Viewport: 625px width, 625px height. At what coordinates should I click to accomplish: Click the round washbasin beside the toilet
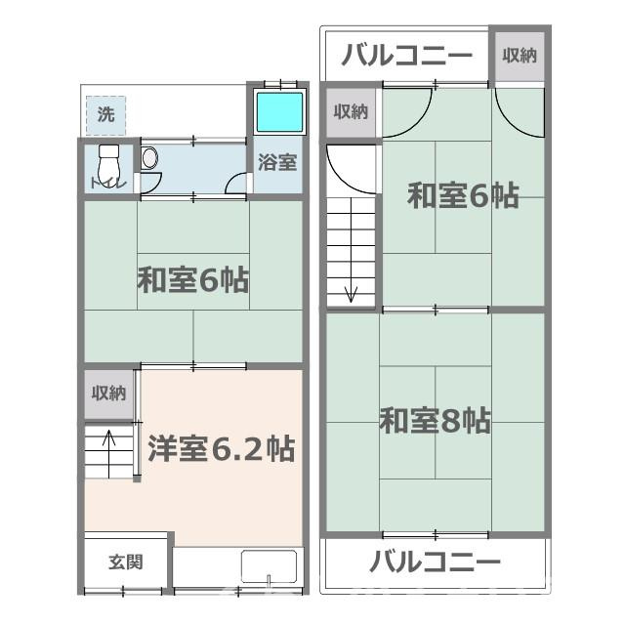(x=148, y=157)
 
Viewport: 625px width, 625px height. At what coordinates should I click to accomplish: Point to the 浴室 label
(x=277, y=162)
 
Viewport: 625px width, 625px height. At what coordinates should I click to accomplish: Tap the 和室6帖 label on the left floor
(x=192, y=281)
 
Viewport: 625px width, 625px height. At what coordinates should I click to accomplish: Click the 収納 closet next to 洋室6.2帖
(x=108, y=394)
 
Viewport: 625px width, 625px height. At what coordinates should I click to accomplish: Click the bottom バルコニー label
(x=435, y=562)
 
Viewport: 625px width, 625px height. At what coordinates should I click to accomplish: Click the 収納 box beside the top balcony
(x=519, y=56)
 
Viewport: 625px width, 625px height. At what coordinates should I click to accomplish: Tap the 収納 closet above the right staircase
(x=351, y=111)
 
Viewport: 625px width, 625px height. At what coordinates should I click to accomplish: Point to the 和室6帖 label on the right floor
(x=462, y=195)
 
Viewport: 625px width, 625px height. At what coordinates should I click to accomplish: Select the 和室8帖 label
(x=435, y=421)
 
